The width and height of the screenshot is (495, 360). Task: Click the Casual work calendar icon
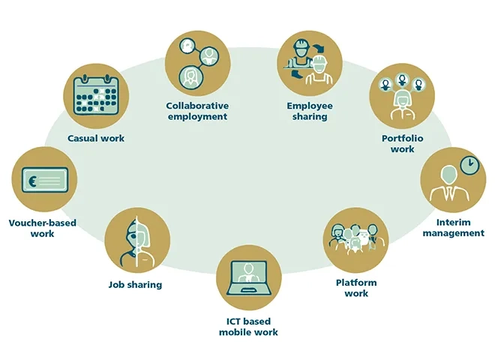coord(96,97)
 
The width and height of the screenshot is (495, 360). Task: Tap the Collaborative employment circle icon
coord(196,61)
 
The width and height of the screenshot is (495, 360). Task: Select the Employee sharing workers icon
coord(309,61)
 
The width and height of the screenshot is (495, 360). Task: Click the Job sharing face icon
coord(137,241)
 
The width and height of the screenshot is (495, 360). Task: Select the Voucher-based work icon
coord(43,180)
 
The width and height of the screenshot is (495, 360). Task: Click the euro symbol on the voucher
coord(32,180)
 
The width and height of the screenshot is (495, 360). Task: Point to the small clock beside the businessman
coord(469,164)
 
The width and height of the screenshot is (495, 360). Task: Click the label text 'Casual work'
coord(96,138)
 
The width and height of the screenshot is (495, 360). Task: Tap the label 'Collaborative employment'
coord(196,111)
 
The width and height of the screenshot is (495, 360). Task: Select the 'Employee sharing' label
coord(310,111)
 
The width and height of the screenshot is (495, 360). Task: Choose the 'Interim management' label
coord(453,227)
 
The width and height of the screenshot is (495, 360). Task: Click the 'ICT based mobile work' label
coord(248,326)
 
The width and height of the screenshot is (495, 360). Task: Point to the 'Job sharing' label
coord(135,285)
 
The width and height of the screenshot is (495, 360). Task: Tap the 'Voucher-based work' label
coord(43,228)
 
